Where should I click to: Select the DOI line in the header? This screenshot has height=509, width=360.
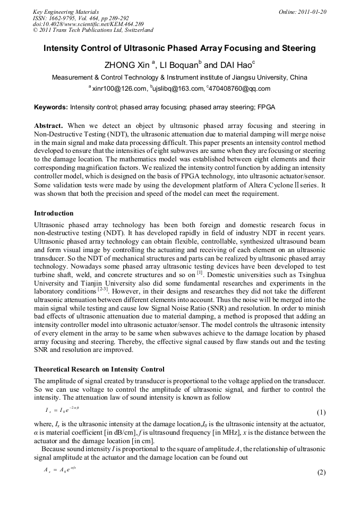coord(88,24)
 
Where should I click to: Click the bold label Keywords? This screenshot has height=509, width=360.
coord(51,107)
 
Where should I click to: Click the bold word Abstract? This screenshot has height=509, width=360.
coord(48,126)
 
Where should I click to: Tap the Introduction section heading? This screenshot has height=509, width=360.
coord(54,213)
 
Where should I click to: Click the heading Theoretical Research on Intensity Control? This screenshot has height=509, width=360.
coord(99,369)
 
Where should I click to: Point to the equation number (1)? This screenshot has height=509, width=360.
coord(321,412)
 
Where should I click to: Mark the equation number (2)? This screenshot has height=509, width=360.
coord(321,472)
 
